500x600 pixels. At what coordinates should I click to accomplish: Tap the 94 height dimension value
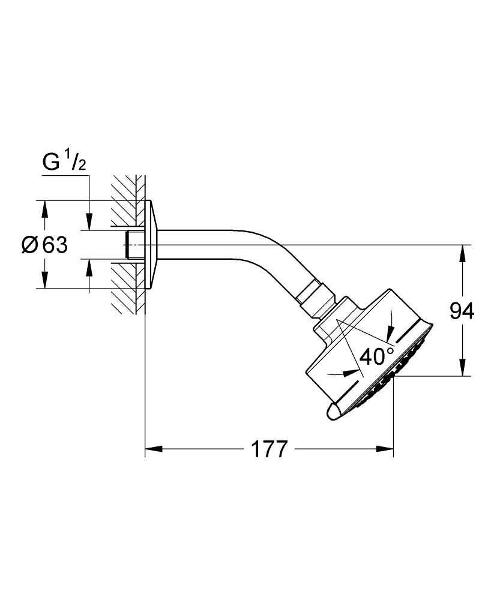tap(462, 311)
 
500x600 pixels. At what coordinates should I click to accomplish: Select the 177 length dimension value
tap(269, 449)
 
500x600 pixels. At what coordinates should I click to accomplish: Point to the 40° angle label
tap(377, 356)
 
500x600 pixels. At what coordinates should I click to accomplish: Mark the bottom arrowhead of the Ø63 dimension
tap(44, 280)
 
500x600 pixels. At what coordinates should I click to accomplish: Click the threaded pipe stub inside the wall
tap(134, 244)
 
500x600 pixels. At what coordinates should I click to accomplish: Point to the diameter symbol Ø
tap(30, 245)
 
